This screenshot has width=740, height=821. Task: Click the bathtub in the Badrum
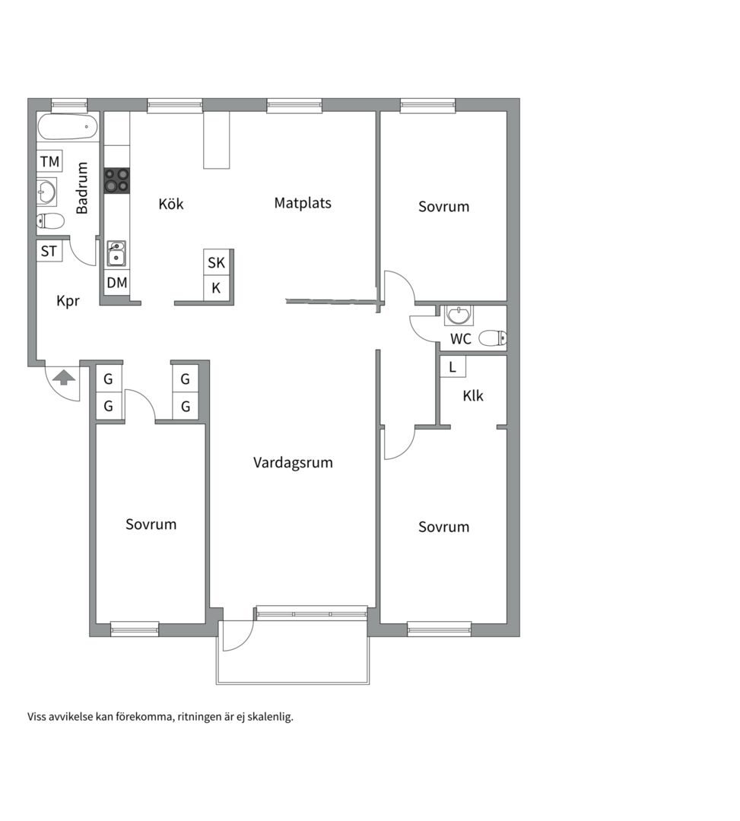coord(68,126)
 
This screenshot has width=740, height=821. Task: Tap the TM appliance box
coord(49,161)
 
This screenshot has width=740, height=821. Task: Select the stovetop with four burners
coord(117,181)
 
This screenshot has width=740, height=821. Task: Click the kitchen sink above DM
coord(116,254)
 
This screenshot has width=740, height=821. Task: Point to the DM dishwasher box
coord(117,283)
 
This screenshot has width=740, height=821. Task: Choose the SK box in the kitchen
coord(216,262)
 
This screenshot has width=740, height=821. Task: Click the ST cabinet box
coord(49,252)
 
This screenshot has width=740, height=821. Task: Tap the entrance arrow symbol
coord(64,377)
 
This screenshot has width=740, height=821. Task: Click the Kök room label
coord(171,203)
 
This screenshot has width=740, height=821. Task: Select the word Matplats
coord(303,203)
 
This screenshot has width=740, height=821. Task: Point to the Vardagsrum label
coord(294,463)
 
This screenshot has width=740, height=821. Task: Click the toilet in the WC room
coord(493,338)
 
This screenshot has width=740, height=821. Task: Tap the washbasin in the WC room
coord(459,315)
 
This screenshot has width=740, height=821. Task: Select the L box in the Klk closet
coord(453,366)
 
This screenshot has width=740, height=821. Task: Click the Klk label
coord(473,396)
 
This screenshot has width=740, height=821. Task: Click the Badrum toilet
coord(50,221)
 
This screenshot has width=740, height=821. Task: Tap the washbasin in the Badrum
coord(46,192)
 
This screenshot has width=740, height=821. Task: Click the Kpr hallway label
coord(68,301)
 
